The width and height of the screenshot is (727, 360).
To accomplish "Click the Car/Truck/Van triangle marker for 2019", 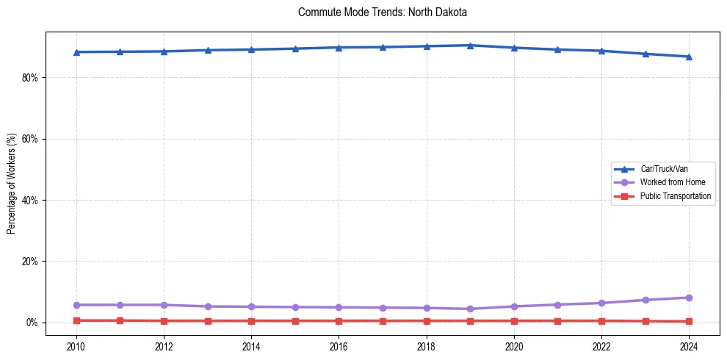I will pyautogui.click(x=470, y=46).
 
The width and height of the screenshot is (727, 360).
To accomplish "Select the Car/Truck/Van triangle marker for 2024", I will pyautogui.click(x=689, y=57).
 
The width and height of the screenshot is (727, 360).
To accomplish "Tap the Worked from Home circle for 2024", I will pyautogui.click(x=689, y=298).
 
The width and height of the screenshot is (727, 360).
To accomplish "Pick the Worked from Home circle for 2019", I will pyautogui.click(x=470, y=309).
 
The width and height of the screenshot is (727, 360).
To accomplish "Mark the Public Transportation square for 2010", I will pyautogui.click(x=76, y=320).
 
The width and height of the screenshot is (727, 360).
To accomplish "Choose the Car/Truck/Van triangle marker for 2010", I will pyautogui.click(x=76, y=52).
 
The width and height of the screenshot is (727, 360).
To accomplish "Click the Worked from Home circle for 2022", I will pyautogui.click(x=601, y=303).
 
